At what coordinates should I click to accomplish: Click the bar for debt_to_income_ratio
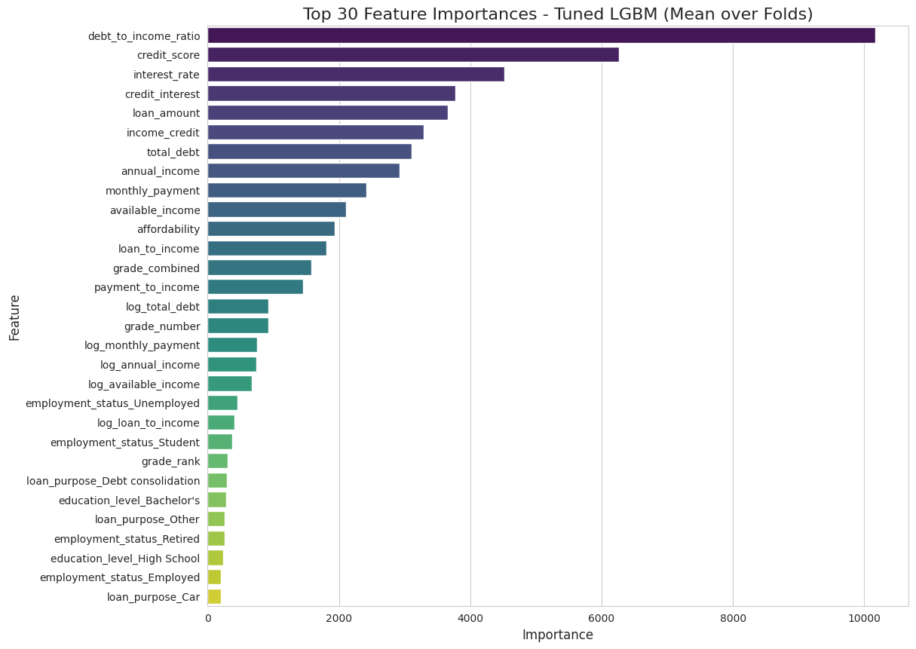pyautogui.click(x=541, y=35)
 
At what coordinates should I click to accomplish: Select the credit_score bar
pyautogui.click(x=412, y=55)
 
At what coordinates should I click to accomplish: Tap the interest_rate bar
pyautogui.click(x=355, y=75)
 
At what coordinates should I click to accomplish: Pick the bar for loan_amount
pyautogui.click(x=327, y=113)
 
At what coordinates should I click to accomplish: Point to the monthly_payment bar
pyautogui.click(x=286, y=191)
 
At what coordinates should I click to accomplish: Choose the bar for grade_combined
pyautogui.click(x=259, y=268)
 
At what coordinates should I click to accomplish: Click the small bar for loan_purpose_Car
pyautogui.click(x=214, y=597)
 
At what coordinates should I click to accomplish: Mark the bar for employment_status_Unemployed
pyautogui.click(x=222, y=403)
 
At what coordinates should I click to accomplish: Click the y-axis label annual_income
pyautogui.click(x=161, y=171)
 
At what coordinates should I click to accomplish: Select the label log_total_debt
pyautogui.click(x=163, y=307)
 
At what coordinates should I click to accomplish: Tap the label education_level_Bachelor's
pyautogui.click(x=129, y=501)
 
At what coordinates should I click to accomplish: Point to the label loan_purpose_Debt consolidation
pyautogui.click(x=113, y=481)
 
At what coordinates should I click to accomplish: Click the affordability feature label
pyautogui.click(x=168, y=229)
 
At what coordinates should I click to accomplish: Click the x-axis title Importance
pyautogui.click(x=557, y=635)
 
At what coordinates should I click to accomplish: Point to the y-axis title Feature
pyautogui.click(x=15, y=317)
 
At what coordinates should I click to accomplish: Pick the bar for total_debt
pyautogui.click(x=309, y=152)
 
